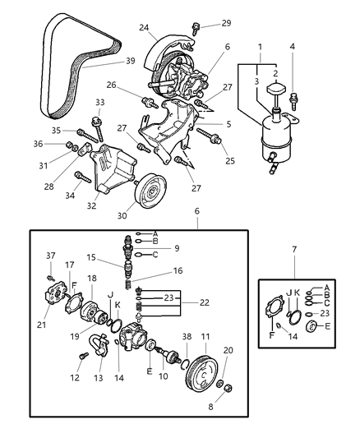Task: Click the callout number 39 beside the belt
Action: (x=130, y=61)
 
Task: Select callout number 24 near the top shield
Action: (x=145, y=27)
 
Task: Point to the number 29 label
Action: (x=204, y=23)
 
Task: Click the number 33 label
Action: (x=99, y=102)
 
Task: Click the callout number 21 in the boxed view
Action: (x=42, y=324)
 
